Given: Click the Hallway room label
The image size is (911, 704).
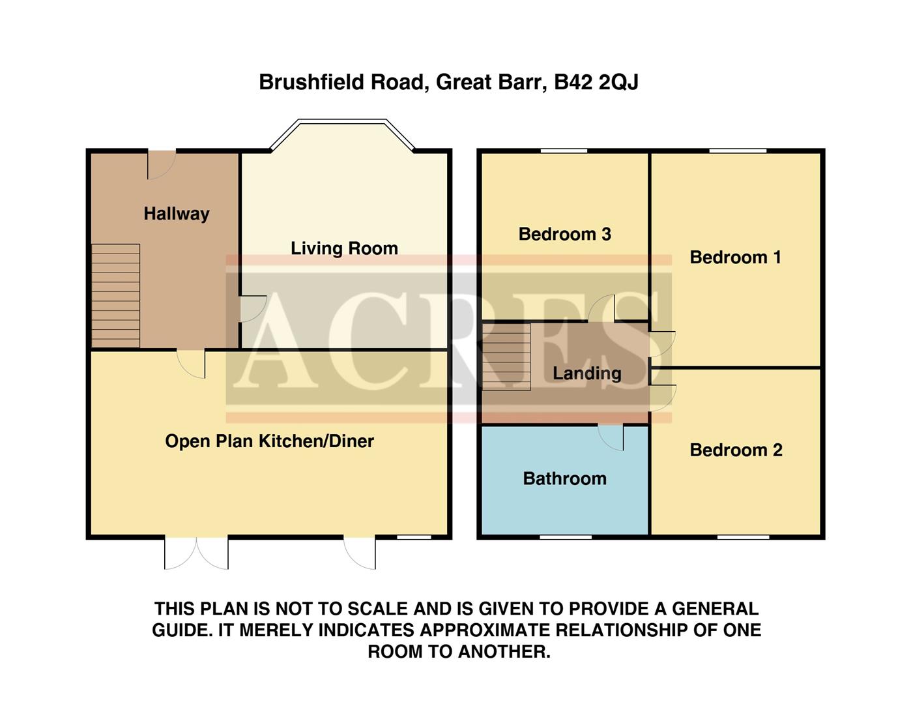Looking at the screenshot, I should [x=176, y=214].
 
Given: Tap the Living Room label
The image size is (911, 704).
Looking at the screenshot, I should [x=344, y=248].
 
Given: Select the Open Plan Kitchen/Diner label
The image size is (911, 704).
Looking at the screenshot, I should [x=269, y=441].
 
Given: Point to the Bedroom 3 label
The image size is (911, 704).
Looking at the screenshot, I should [x=564, y=234].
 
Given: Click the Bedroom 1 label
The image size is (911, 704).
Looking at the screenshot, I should [x=735, y=257].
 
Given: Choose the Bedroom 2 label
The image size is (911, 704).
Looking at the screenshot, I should [x=736, y=450].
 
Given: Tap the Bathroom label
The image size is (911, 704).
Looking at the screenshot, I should [x=564, y=478].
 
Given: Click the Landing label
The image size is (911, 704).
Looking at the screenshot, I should [x=586, y=374].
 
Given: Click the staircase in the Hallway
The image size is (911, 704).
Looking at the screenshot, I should [x=115, y=295].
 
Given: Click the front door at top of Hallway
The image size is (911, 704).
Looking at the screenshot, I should [x=162, y=164].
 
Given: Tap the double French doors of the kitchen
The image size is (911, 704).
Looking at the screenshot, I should [x=196, y=553].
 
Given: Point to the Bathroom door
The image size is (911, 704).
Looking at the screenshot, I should [x=611, y=437].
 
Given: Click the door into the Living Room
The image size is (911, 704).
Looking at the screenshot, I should [x=252, y=308].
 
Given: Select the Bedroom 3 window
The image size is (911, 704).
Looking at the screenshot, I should [x=564, y=151].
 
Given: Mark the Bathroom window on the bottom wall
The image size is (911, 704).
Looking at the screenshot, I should [x=566, y=537].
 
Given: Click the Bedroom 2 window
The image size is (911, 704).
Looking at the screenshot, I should [x=743, y=537].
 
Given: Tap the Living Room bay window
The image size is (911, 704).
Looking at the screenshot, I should [x=342, y=123].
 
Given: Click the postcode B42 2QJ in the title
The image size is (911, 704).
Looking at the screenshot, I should [x=596, y=83].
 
